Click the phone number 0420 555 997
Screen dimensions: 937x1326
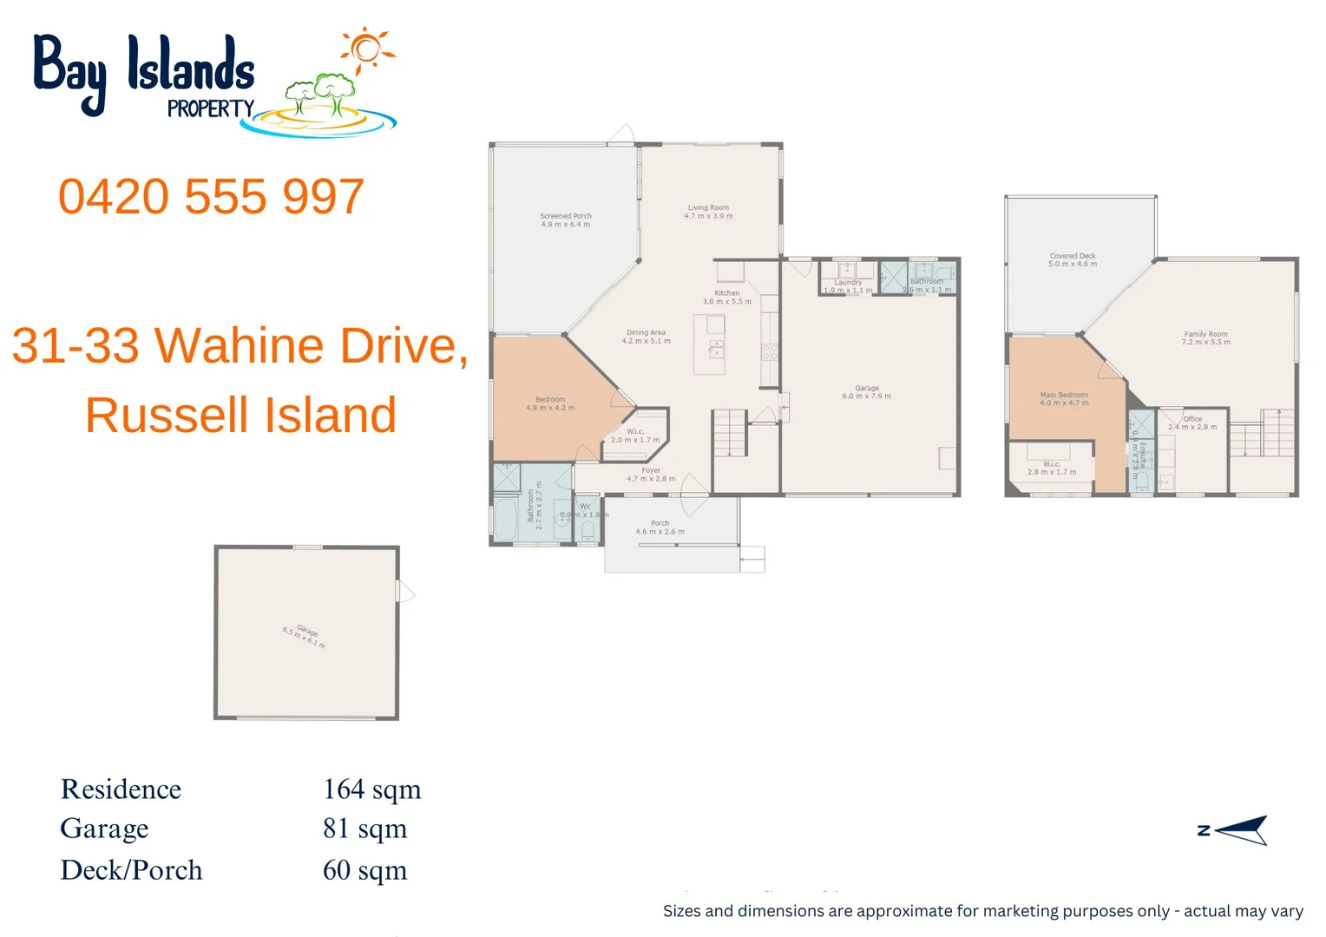click(211, 197)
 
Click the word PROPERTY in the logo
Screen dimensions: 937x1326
click(210, 109)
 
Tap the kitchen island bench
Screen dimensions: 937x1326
click(709, 344)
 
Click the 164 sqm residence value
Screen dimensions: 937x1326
click(371, 790)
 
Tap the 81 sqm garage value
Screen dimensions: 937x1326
click(364, 829)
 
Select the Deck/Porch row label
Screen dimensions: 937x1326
click(131, 870)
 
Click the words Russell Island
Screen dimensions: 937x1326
click(240, 415)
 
